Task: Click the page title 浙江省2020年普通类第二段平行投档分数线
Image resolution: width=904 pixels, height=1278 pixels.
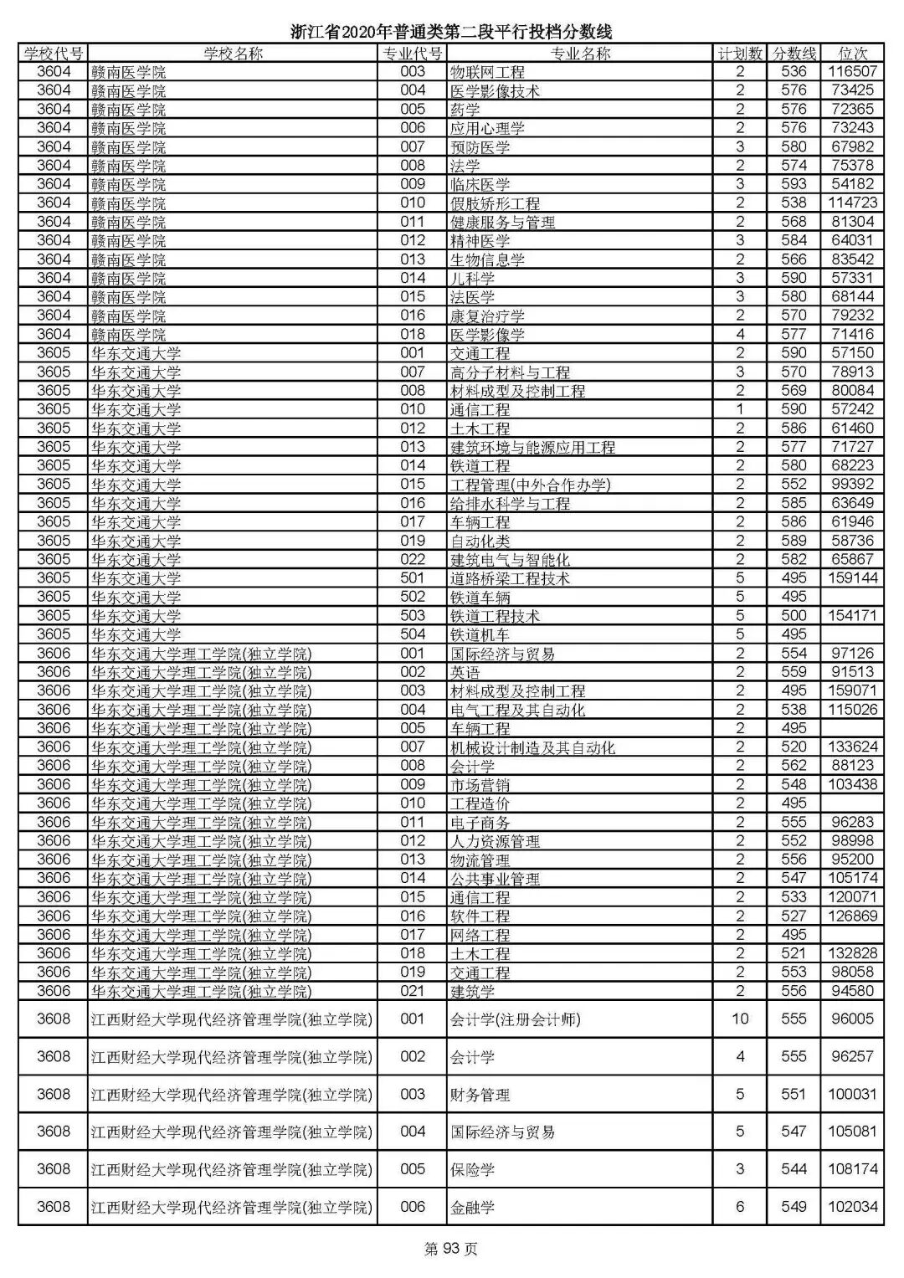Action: (451, 32)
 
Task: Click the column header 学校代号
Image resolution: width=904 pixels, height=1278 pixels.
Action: (53, 54)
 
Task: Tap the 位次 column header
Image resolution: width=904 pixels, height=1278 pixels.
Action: (851, 54)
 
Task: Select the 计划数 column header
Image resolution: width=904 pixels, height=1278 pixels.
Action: (740, 54)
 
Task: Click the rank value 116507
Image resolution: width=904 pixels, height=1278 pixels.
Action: (852, 72)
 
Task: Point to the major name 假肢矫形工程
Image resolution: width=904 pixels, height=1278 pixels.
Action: (495, 203)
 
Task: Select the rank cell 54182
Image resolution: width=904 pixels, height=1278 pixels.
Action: (852, 184)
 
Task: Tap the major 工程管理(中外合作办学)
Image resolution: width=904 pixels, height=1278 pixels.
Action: (531, 485)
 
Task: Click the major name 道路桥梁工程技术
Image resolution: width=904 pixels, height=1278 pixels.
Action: (510, 578)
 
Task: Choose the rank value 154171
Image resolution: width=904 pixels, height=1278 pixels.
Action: (852, 616)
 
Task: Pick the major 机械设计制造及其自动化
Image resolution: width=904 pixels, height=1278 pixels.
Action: (532, 747)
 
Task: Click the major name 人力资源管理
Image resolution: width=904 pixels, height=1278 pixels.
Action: (495, 841)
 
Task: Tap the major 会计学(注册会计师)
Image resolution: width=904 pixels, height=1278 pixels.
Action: (515, 1019)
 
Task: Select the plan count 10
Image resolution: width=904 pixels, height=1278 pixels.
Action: (740, 1019)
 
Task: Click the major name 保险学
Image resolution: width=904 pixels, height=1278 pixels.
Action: (473, 1169)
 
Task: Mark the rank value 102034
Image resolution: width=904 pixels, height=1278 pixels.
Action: (852, 1207)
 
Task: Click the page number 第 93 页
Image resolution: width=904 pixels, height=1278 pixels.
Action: (451, 1250)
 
